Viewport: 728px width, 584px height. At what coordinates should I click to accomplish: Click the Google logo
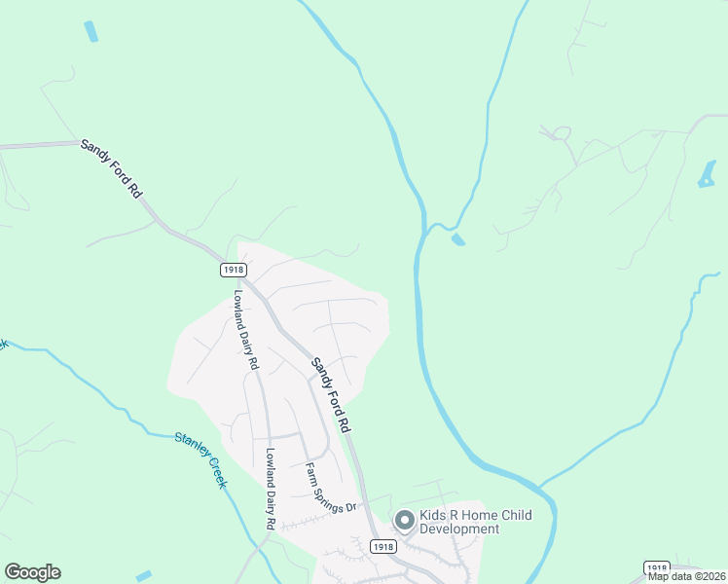tap(32, 572)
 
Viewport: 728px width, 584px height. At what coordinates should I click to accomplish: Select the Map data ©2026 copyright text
tap(687, 576)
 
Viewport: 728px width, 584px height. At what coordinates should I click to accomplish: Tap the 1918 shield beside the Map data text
tap(657, 567)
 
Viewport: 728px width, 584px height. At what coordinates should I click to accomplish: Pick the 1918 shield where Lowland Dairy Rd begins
tap(233, 269)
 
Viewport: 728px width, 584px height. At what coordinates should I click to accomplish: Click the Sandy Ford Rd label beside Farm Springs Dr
tap(330, 394)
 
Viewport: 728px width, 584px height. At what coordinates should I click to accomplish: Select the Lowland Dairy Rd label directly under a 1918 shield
tap(245, 329)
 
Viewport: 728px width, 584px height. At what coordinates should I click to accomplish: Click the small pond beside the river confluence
tap(458, 238)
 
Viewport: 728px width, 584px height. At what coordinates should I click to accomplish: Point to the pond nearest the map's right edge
tap(707, 175)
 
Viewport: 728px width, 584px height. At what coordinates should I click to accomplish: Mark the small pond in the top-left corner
tap(91, 31)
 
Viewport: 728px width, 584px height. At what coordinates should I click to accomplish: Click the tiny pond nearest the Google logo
tap(145, 576)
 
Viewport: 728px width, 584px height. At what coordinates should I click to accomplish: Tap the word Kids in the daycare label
tap(433, 515)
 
